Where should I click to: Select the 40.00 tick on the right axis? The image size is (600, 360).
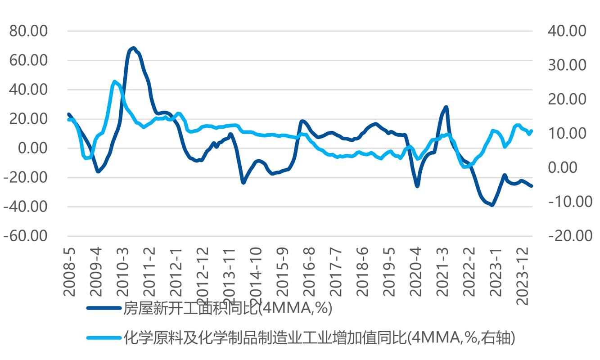(567, 31)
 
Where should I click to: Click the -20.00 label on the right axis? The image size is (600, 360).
(569, 236)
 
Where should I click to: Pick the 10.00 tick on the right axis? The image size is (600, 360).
(567, 134)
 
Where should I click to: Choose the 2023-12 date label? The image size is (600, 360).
(522, 275)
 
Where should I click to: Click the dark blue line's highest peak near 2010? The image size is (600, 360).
(133, 48)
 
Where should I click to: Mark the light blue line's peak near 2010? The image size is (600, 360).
(115, 81)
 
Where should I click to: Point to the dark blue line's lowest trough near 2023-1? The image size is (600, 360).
(492, 205)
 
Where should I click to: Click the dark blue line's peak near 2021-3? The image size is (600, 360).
(446, 107)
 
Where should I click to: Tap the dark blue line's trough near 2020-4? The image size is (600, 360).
(417, 185)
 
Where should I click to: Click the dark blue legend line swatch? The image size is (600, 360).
(104, 308)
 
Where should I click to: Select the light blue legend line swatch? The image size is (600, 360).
(104, 337)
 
